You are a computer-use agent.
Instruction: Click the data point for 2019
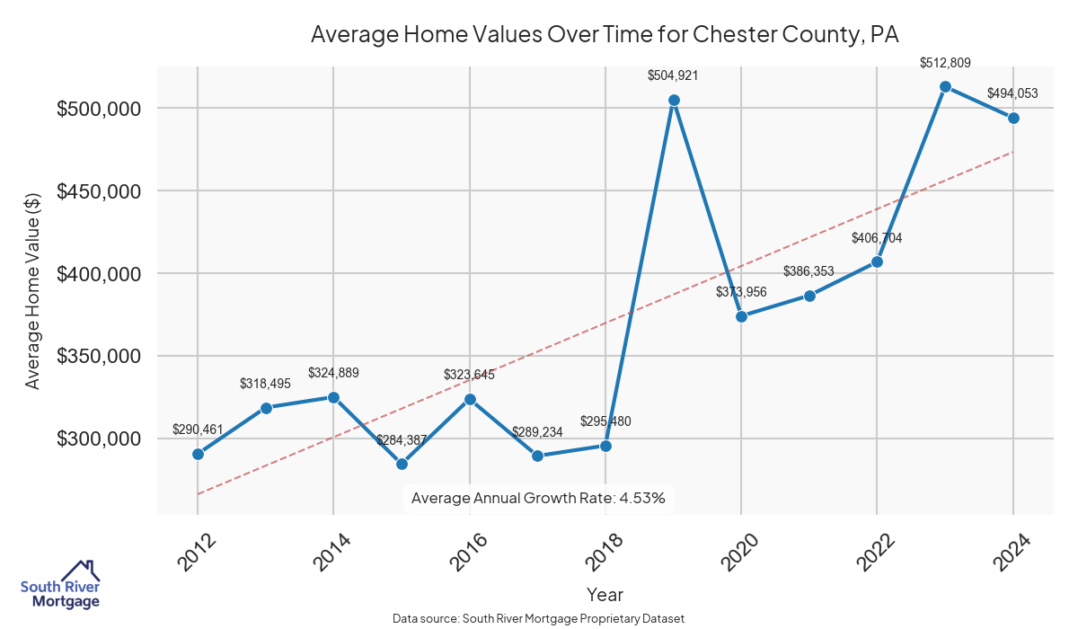pos(674,100)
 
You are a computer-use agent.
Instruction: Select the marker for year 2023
pos(945,86)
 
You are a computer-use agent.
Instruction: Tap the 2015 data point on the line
pos(402,464)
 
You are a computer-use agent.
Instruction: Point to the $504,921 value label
pos(673,75)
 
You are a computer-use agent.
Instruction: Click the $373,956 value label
pos(741,292)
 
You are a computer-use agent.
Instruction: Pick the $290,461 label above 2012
pos(198,430)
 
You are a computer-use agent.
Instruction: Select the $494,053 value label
pos(1012,93)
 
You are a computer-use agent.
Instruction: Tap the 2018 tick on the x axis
pos(605,550)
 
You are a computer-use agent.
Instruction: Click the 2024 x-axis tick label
pos(1012,550)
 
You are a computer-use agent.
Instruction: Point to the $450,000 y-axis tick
pos(100,191)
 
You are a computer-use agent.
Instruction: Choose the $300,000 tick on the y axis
pos(100,439)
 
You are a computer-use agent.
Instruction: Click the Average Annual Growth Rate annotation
pos(537,498)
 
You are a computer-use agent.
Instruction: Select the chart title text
pos(605,34)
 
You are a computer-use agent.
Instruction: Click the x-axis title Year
pos(605,594)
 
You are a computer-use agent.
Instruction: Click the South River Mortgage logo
pos(60,585)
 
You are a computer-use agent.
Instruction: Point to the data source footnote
pos(539,618)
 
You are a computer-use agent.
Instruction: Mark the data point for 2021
pos(809,296)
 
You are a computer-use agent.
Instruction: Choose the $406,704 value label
pos(877,238)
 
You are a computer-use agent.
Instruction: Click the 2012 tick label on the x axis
pos(197,550)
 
